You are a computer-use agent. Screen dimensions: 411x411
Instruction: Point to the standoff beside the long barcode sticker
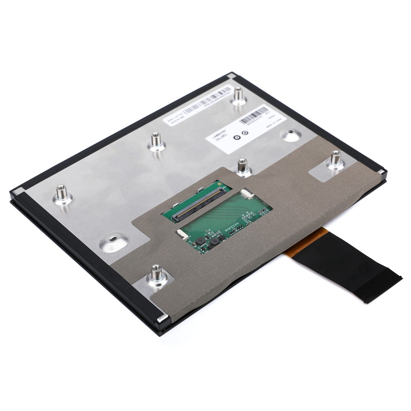[238, 95]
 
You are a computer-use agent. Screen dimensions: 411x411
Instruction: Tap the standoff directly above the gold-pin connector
[242, 166]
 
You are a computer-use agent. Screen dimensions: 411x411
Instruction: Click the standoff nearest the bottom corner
[156, 275]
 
